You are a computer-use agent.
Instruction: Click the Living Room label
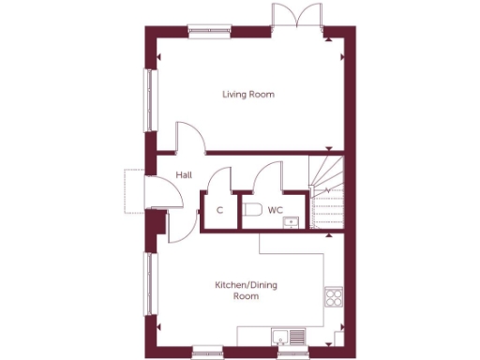pos(247,95)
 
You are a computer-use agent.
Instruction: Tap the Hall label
pos(184,174)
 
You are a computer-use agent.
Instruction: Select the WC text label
pos(276,210)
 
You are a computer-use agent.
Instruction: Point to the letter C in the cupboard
pos(219,210)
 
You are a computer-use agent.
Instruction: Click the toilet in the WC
pos(250,211)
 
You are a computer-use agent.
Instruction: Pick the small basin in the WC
pos(292,222)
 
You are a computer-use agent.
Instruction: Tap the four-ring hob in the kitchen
pos(333,298)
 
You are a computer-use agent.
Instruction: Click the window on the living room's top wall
pos(208,30)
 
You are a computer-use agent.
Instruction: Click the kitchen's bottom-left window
pos(208,354)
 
